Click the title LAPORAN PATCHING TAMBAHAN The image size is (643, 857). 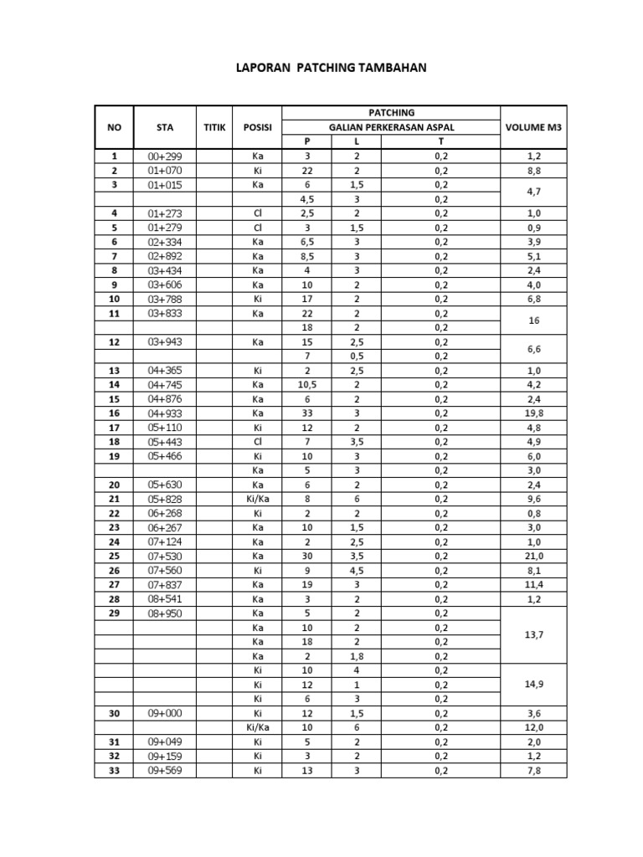(x=331, y=67)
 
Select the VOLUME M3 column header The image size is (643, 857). (x=533, y=127)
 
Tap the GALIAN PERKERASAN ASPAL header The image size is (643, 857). (x=390, y=127)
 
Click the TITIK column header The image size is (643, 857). (x=214, y=127)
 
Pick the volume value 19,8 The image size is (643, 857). (x=533, y=413)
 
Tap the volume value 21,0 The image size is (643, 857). (x=533, y=557)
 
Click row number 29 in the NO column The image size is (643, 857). (x=115, y=613)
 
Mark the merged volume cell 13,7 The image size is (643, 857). (x=533, y=635)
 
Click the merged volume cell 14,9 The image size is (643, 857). (x=533, y=685)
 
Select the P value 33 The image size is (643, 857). (x=306, y=413)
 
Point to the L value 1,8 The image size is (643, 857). (x=356, y=656)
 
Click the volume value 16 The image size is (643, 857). (x=533, y=321)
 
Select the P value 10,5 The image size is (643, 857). (x=306, y=385)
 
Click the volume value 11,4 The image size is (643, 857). (x=533, y=585)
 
